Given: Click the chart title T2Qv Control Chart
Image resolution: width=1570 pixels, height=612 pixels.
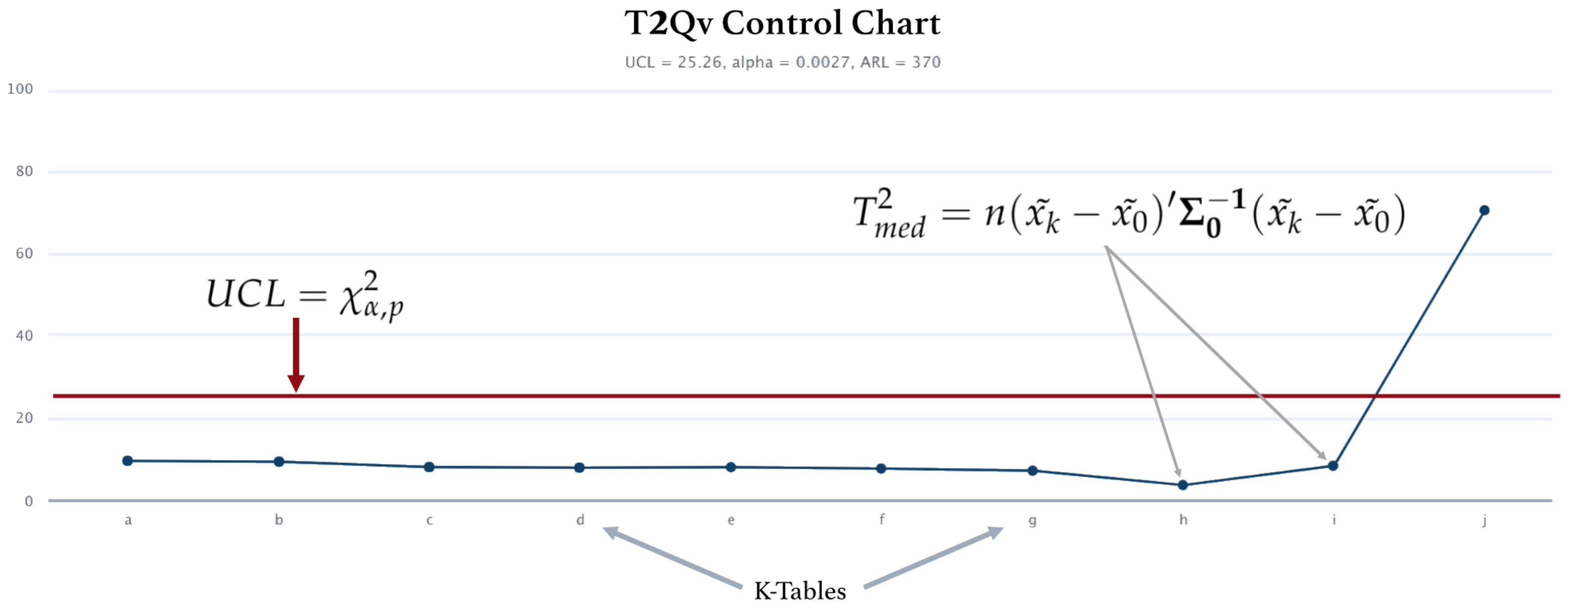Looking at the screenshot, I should (x=782, y=23).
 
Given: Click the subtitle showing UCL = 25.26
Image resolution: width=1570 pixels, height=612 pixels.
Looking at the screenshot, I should (x=783, y=62).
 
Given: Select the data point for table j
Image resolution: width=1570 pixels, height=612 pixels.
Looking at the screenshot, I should (x=1484, y=210).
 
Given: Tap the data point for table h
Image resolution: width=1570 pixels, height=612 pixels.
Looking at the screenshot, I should (x=1182, y=485).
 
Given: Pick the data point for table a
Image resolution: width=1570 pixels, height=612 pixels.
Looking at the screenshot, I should (x=128, y=461).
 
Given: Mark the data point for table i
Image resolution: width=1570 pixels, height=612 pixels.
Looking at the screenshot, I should (x=1333, y=466).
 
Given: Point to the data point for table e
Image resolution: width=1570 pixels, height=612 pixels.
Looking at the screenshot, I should (x=731, y=468).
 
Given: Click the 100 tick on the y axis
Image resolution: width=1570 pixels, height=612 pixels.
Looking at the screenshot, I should (x=20, y=89).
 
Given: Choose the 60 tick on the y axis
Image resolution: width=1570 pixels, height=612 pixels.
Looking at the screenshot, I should (x=24, y=254).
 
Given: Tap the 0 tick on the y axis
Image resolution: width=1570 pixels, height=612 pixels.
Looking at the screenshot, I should (x=29, y=502).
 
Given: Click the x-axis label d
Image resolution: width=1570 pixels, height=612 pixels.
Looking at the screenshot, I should (x=580, y=520).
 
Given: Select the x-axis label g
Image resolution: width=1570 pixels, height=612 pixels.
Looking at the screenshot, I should (x=1032, y=520).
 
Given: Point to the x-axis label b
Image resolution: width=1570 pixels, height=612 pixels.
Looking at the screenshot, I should (x=278, y=520).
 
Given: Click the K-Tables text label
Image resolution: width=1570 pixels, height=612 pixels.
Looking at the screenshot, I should (x=800, y=591).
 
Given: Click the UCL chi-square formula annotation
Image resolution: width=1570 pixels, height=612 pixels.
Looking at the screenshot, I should (x=305, y=296).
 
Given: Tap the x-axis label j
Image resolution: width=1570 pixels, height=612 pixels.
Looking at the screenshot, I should (x=1484, y=520).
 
